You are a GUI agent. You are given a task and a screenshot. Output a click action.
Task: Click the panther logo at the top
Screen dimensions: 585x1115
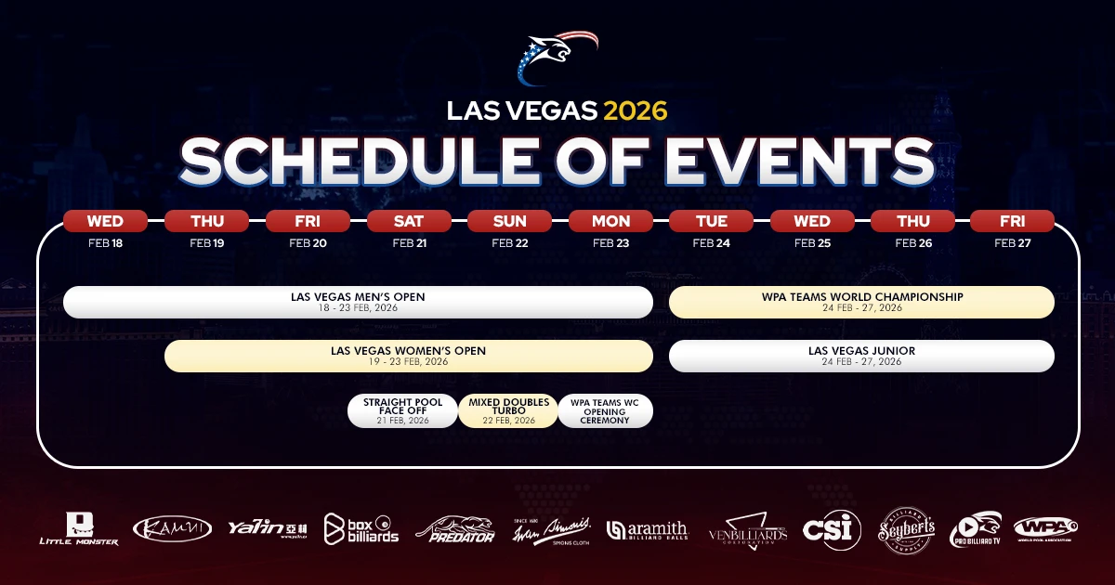click(557, 57)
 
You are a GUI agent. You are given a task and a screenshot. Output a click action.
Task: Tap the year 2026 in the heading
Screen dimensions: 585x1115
click(636, 110)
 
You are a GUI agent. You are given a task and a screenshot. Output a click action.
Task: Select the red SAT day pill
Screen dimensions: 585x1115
click(409, 221)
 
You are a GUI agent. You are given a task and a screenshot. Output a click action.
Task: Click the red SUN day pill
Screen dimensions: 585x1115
click(509, 221)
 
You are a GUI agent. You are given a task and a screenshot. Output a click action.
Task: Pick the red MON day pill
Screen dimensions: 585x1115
click(610, 221)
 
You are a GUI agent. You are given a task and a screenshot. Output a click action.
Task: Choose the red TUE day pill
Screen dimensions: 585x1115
click(711, 221)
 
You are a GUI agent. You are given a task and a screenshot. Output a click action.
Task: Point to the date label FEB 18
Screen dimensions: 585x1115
click(105, 243)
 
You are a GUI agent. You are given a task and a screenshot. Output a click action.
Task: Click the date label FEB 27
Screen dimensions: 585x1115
click(1012, 243)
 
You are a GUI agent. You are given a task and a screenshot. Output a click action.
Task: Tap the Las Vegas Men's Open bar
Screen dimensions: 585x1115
click(358, 302)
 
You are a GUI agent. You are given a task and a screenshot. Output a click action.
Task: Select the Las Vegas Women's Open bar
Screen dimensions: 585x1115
click(408, 356)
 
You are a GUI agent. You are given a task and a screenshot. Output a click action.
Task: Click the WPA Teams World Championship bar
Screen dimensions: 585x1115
click(861, 302)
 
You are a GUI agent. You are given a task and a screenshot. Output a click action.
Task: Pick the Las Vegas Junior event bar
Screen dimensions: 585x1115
click(861, 356)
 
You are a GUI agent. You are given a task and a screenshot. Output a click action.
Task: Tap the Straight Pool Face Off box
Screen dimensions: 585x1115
click(402, 410)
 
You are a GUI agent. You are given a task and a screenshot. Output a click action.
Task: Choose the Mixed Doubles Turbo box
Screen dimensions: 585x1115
click(508, 410)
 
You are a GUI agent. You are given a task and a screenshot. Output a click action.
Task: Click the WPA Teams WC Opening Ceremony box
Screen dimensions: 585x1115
click(606, 410)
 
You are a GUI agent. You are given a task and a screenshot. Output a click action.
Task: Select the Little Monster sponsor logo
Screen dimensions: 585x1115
click(78, 529)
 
